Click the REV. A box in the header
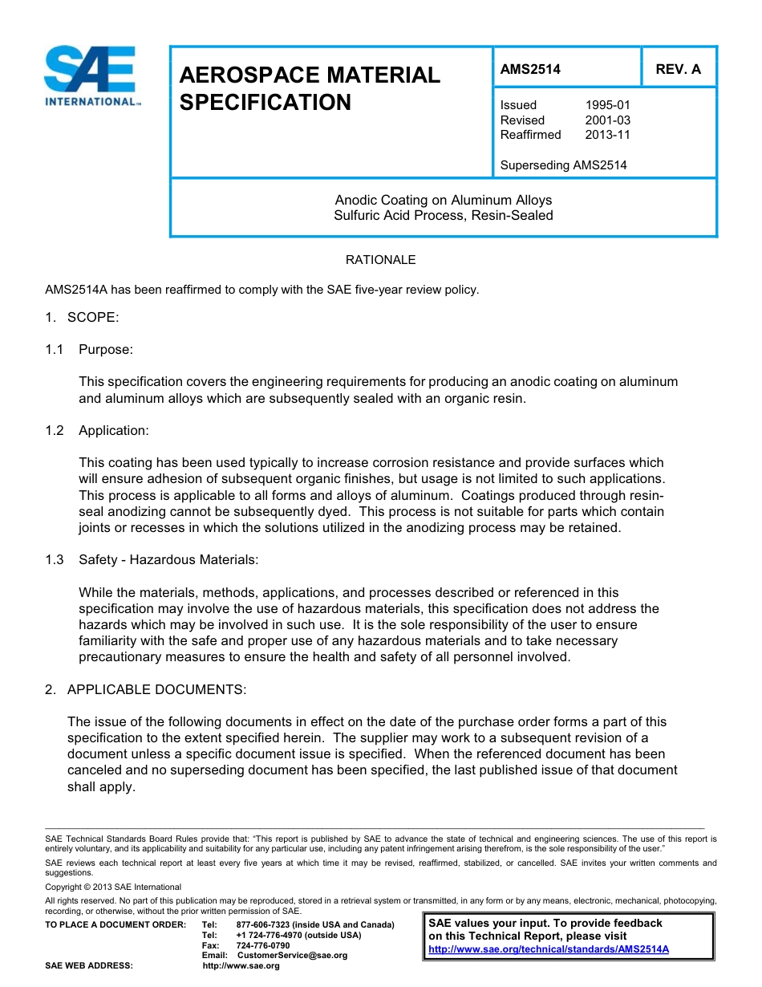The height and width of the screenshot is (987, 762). coord(678,69)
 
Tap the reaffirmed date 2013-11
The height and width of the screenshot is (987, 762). coord(607,135)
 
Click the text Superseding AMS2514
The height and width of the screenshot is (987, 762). coord(563,165)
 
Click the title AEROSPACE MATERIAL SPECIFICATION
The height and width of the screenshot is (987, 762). coord(310,89)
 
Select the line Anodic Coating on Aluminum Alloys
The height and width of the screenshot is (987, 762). coord(443,200)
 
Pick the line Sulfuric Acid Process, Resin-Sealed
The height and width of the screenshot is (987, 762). coord(443,215)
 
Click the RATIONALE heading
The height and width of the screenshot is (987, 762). coord(380,260)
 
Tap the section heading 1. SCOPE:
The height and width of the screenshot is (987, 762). coord(82,317)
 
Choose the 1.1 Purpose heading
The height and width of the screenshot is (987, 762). coord(90,349)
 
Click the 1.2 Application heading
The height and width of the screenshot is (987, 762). coord(97,430)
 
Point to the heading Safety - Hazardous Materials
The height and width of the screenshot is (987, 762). coord(168,559)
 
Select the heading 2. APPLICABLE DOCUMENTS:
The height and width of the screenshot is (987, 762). coord(146,689)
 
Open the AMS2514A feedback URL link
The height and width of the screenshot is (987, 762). coord(549,948)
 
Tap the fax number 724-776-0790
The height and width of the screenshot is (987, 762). coord(263,945)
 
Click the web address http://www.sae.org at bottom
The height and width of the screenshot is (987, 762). coord(241,965)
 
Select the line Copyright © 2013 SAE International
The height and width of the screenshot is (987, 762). coord(113,887)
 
